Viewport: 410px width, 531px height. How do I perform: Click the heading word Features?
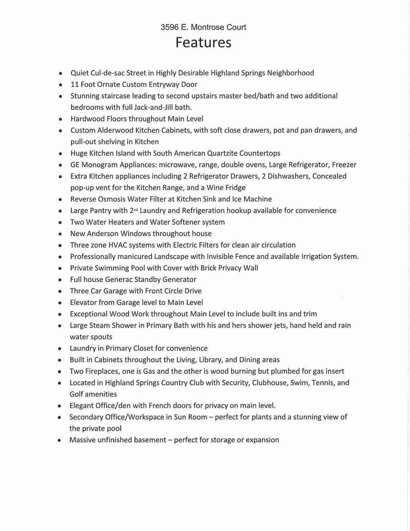click(x=203, y=42)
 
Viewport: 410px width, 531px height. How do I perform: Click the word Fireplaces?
click(x=105, y=371)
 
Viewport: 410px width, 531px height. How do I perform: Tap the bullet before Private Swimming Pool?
click(x=60, y=268)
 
